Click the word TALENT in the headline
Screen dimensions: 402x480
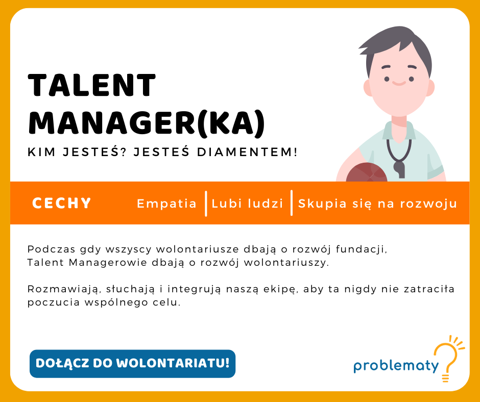[x=92, y=85]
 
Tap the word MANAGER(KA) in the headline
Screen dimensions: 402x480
[x=147, y=122]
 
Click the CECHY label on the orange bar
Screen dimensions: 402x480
[x=62, y=204]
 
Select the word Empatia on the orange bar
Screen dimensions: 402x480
[x=166, y=204]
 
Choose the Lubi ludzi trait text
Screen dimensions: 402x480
[x=248, y=204]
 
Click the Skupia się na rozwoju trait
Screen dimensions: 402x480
[x=377, y=204]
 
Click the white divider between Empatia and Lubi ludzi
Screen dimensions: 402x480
[x=205, y=204]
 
